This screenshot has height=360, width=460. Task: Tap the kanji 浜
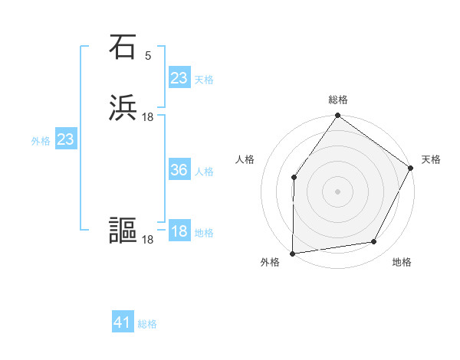123,108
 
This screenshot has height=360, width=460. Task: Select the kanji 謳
123,231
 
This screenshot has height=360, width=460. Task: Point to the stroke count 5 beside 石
148,55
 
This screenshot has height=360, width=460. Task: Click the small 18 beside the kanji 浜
148,116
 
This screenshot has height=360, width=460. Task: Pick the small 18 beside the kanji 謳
148,240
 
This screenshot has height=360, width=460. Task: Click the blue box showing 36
179,170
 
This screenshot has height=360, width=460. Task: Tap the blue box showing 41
123,322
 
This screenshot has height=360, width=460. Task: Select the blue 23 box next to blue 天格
179,78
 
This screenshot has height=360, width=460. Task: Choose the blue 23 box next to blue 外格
66,139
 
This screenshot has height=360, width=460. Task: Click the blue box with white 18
179,231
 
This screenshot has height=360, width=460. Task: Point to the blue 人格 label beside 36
204,172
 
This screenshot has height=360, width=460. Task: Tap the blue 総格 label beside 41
147,324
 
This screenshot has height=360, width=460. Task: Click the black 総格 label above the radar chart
338,100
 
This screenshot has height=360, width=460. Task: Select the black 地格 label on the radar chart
402,263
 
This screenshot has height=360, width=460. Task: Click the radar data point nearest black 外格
293,253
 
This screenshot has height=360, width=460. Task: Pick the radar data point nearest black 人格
294,178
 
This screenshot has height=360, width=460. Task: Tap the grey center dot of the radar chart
337,191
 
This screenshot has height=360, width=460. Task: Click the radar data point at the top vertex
337,116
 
